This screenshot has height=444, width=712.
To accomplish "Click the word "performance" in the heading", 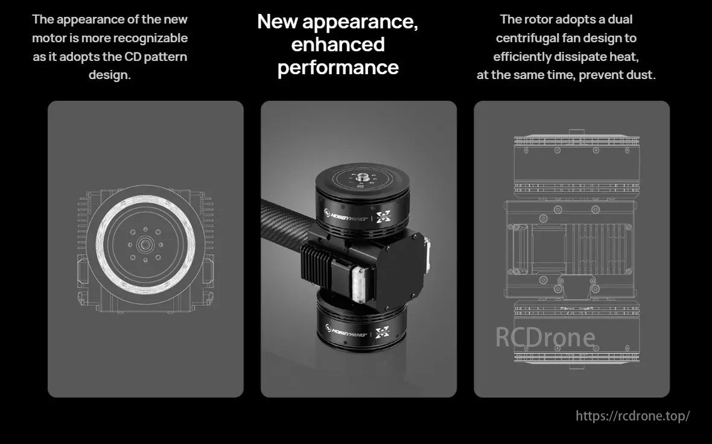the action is (338, 68).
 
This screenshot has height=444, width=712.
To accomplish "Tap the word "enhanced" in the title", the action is (338, 45).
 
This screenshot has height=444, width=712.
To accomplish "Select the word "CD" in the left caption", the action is (133, 57).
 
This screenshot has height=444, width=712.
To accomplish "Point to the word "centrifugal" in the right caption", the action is (526, 38).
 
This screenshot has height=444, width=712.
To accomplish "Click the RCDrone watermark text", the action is (545, 337).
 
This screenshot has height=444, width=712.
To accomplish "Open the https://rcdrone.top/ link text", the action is (632, 416).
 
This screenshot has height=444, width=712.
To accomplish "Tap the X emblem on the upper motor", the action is (384, 217).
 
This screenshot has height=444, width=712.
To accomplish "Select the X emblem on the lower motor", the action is (383, 333).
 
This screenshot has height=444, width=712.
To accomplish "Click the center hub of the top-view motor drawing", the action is (145, 245).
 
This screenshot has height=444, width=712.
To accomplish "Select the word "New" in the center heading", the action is (277, 21).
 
